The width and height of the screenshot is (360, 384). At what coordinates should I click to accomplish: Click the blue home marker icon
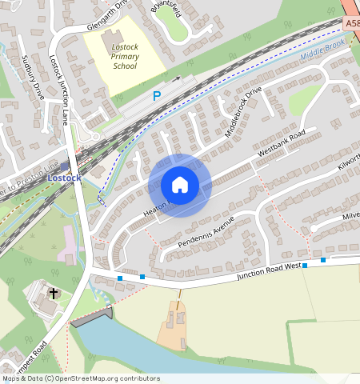(180, 186)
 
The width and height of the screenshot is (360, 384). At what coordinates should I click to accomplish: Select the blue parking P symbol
(157, 96)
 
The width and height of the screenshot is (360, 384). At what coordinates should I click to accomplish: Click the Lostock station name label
(64, 177)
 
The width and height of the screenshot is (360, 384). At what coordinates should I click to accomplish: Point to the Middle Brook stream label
(323, 54)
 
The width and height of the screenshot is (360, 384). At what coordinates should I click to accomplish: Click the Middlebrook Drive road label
(243, 111)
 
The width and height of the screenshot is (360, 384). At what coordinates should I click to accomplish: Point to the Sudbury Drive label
(34, 76)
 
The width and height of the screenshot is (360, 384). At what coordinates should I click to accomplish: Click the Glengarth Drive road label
(107, 17)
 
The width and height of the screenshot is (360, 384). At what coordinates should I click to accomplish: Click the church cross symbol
(54, 294)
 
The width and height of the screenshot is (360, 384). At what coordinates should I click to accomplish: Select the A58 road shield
(353, 24)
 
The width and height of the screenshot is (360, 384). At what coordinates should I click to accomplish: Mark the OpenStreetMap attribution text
(81, 378)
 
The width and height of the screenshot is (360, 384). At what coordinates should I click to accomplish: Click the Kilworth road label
(350, 162)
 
